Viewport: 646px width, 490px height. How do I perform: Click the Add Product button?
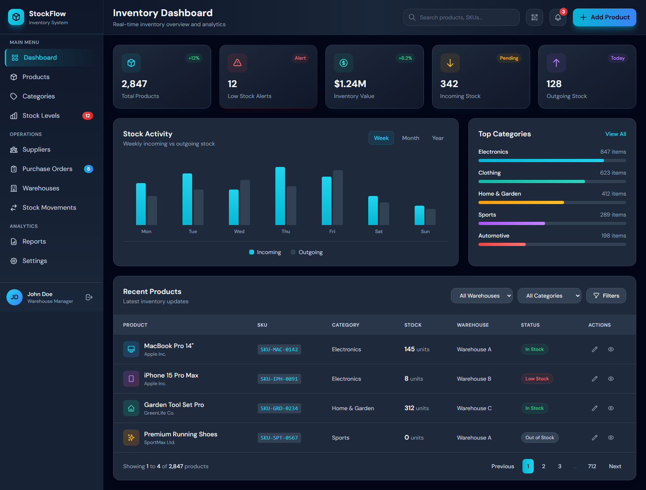[604, 17]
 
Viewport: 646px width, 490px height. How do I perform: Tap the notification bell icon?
[558, 17]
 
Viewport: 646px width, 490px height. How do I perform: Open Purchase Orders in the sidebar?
[47, 169]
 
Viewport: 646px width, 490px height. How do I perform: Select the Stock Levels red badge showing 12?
[88, 116]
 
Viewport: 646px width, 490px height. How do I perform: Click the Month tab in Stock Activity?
[410, 138]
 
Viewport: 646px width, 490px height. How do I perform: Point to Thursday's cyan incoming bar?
[280, 196]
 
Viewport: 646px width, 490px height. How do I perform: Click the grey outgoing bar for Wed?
[245, 202]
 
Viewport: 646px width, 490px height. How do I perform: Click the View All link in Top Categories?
[615, 134]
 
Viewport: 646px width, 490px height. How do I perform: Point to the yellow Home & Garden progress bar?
[521, 202]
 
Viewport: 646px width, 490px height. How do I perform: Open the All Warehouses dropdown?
[481, 296]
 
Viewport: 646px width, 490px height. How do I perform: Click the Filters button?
[606, 296]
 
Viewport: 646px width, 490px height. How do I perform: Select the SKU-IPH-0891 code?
[279, 379]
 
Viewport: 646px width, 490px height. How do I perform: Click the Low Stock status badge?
[537, 379]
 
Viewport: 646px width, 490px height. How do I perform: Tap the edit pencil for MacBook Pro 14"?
[594, 349]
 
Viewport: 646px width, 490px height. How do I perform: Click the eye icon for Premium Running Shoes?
[610, 438]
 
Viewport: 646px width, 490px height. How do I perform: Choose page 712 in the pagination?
[591, 466]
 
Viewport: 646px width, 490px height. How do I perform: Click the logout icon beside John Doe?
[89, 297]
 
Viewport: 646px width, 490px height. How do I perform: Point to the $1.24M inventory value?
[350, 84]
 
